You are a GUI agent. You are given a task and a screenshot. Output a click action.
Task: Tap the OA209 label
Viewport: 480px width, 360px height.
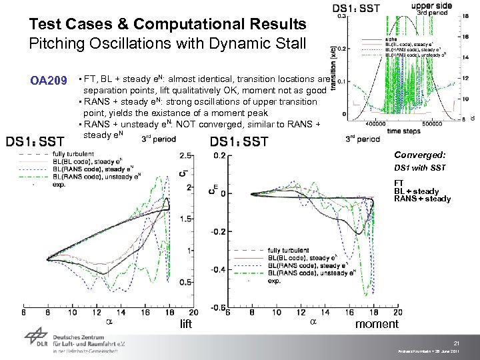(x=49, y=81)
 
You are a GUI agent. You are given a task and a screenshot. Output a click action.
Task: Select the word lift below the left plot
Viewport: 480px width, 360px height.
(x=186, y=325)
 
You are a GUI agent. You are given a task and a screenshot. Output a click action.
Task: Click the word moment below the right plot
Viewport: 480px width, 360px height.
(x=377, y=325)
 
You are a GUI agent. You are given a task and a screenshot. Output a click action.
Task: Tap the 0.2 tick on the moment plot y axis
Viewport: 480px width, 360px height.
(x=219, y=155)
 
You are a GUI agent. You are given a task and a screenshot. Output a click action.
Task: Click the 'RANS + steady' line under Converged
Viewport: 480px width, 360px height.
(x=422, y=199)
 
